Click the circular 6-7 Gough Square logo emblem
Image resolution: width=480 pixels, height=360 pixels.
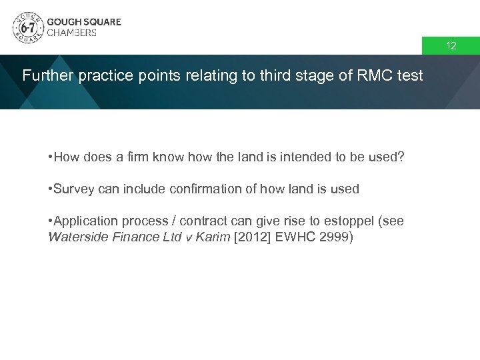[27, 27]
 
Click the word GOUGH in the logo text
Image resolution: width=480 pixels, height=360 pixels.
[64, 21]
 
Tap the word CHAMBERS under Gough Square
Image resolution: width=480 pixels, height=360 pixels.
[71, 33]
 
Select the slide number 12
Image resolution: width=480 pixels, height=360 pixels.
[451, 46]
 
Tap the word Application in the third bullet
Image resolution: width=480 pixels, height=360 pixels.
[84, 221]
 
